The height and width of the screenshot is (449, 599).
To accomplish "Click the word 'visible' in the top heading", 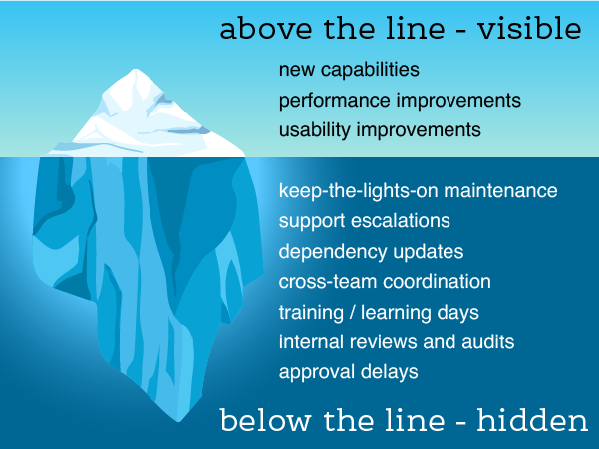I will (x=532, y=28).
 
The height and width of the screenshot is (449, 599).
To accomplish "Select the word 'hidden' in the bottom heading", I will (x=532, y=421).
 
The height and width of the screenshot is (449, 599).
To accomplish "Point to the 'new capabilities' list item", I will (x=349, y=71).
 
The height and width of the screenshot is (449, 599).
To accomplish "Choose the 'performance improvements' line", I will (x=400, y=101).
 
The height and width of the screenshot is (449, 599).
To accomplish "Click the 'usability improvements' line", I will (x=380, y=130).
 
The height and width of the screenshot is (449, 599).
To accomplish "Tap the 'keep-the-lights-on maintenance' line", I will (x=418, y=190).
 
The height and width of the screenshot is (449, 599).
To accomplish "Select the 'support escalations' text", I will (x=365, y=220).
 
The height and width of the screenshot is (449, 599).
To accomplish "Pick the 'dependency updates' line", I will (x=371, y=251).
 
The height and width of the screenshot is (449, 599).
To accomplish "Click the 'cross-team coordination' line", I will (x=385, y=281).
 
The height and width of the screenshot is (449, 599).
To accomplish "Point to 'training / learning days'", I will (x=379, y=312).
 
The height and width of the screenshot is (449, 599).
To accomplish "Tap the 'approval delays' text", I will (x=348, y=372).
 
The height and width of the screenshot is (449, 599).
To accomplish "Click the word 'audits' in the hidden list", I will (x=481, y=341).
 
